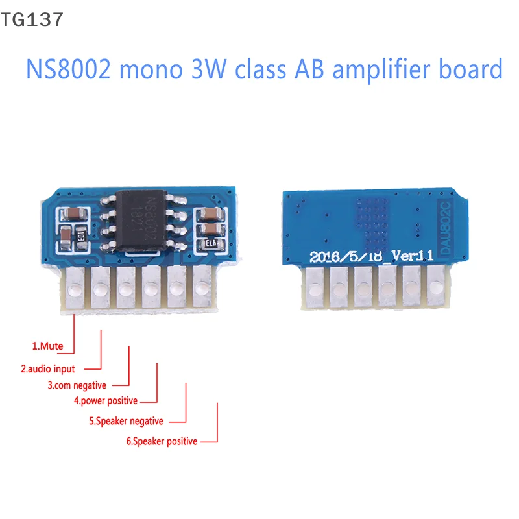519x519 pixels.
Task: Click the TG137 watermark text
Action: pos(32,19)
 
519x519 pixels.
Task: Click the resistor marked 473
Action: pos(213,243)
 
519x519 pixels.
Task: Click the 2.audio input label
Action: pos(48,368)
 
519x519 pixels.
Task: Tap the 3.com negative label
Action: pos(77,385)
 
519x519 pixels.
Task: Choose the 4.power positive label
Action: pos(105,401)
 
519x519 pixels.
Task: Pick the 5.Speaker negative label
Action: pos(126,421)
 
